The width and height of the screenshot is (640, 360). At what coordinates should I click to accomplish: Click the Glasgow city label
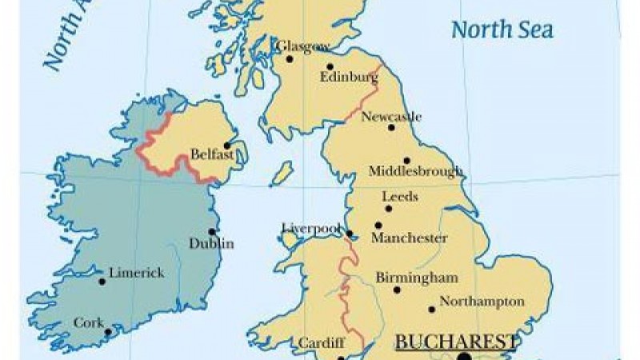(x=302, y=46)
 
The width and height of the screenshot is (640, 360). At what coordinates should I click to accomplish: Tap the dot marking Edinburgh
(x=330, y=66)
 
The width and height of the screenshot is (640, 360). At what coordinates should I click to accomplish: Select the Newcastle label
(x=391, y=117)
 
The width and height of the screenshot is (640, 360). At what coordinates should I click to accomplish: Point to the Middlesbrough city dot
(x=406, y=160)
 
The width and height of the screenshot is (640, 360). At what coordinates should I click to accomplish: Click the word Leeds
(x=399, y=196)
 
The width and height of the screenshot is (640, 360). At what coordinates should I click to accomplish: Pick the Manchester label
(x=409, y=238)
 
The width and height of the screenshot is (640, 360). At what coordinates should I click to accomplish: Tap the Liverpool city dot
(x=350, y=234)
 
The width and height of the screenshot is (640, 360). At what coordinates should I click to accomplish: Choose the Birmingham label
(x=416, y=278)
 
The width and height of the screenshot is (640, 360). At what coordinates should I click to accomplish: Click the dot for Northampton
(x=432, y=309)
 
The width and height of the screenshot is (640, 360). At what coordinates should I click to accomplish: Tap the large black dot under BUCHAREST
(x=464, y=358)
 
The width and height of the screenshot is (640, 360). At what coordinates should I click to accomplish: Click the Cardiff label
(x=321, y=343)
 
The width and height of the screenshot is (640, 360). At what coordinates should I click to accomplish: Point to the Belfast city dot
(x=227, y=146)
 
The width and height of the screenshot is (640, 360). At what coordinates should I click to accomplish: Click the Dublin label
(x=211, y=243)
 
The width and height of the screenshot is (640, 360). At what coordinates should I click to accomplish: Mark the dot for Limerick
(x=102, y=281)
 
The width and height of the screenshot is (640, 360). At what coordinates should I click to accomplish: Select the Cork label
(x=88, y=322)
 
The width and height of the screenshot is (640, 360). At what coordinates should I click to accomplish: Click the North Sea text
(x=502, y=30)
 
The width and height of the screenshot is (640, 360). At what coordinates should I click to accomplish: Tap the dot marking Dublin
(x=212, y=231)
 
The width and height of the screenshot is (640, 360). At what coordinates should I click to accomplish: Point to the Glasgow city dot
(x=290, y=58)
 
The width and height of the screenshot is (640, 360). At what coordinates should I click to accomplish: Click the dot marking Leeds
(x=389, y=209)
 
